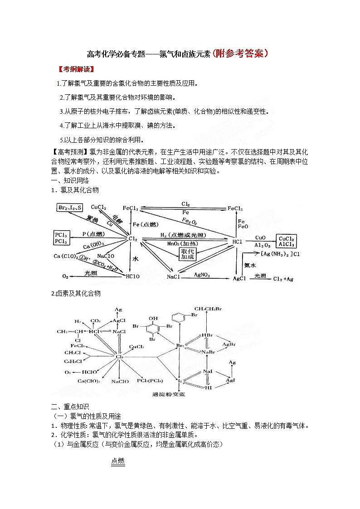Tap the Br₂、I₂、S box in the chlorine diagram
[70, 208]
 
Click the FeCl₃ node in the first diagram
[130, 208]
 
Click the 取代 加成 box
[187, 254]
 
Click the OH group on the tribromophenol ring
[156, 318]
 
